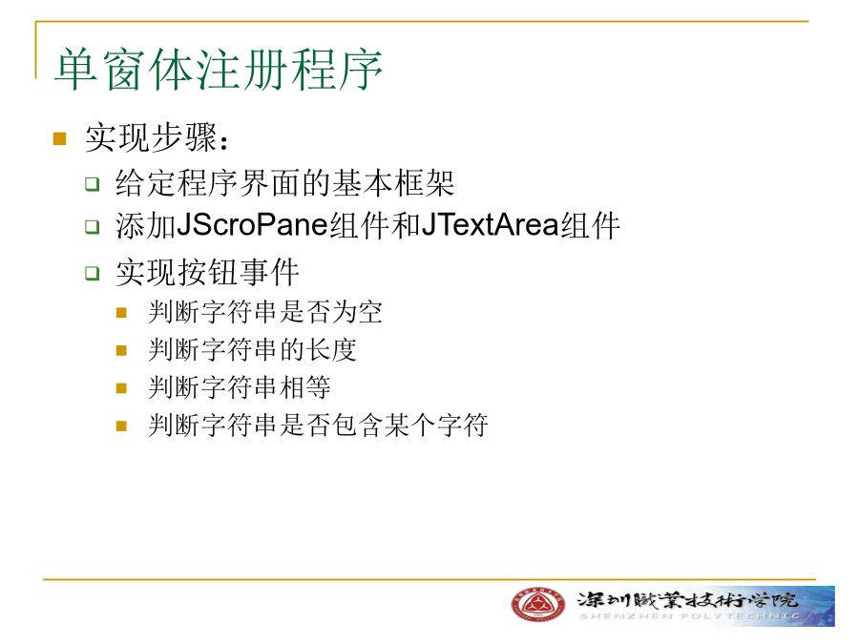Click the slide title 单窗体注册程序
tap(218, 70)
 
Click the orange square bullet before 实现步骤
tap(60, 138)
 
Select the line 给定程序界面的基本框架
tap(284, 183)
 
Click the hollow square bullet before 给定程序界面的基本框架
tap(92, 183)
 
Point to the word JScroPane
tap(251, 225)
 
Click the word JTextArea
tap(491, 225)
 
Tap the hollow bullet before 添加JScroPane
tap(92, 226)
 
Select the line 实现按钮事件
tap(208, 272)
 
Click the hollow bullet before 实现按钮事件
tap(92, 273)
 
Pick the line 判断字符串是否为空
tap(265, 312)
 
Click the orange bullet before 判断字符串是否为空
tap(121, 313)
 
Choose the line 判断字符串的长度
tap(252, 349)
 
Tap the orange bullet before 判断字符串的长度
tap(121, 350)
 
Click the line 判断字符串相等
tap(240, 387)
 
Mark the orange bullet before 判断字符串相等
tap(121, 388)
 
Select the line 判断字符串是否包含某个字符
tap(318, 425)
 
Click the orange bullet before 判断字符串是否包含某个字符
tap(121, 426)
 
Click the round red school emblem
tap(538, 605)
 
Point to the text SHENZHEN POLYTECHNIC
tap(689, 616)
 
